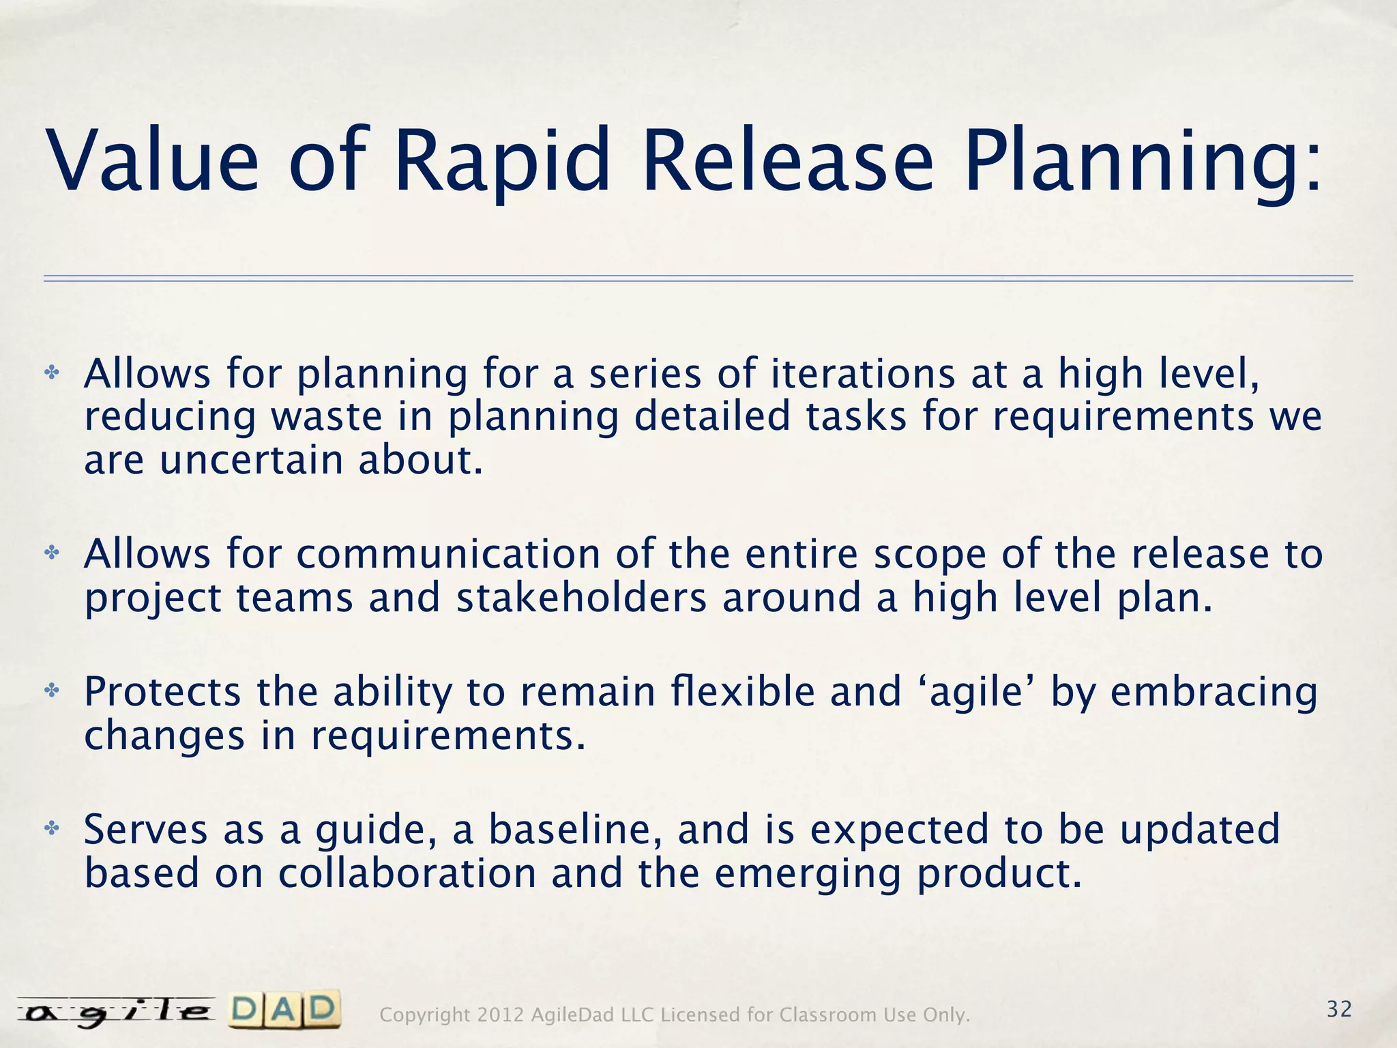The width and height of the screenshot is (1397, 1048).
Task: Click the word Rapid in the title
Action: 501,162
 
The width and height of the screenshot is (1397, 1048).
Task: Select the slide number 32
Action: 1339,1009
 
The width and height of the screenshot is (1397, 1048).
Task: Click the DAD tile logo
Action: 284,1010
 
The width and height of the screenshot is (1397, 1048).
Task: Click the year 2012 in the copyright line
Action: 501,1015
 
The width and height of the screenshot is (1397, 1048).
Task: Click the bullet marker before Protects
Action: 52,692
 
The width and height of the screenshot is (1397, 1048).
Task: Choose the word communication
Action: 448,553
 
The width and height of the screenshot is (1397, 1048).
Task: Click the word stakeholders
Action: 581,598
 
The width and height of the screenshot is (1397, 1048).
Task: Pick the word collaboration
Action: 407,873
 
